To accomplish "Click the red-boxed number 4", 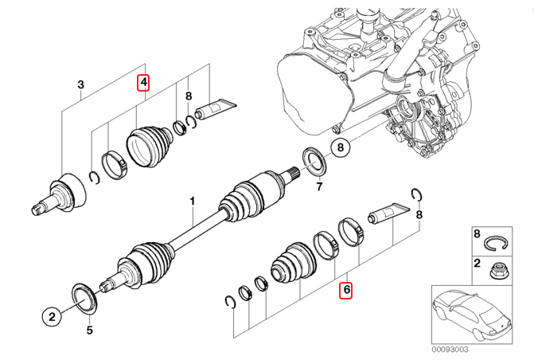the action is click(x=144, y=83).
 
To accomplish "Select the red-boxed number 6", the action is click(x=346, y=290).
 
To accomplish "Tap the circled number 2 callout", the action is click(x=52, y=317).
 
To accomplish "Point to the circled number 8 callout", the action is click(x=341, y=147).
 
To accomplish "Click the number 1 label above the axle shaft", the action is click(x=193, y=201).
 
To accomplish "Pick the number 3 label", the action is click(x=80, y=84).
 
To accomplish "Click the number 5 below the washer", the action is click(x=89, y=331).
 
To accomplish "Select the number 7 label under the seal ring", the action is click(x=319, y=187).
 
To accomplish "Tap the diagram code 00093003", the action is click(x=450, y=350).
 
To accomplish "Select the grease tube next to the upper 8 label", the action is click(x=215, y=108).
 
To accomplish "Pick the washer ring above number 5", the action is click(x=83, y=295).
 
